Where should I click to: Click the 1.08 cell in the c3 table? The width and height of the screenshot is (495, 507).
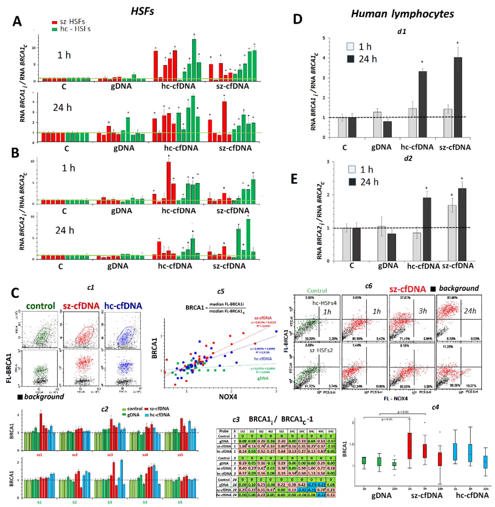pyautogui.click(x=243, y=446)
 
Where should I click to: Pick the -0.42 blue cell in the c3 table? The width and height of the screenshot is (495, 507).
pyautogui.click(x=302, y=490)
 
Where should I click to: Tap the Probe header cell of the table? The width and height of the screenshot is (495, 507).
pyautogui.click(x=224, y=431)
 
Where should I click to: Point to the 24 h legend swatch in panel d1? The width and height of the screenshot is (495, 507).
pyautogui.click(x=351, y=59)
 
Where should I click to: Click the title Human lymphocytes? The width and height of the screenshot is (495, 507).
pyautogui.click(x=402, y=14)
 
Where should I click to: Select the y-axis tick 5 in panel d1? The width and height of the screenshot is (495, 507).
pyautogui.click(x=324, y=38)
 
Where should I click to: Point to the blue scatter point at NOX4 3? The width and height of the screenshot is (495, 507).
pyautogui.click(x=276, y=331)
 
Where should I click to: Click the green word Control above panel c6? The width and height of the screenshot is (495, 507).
pyautogui.click(x=317, y=291)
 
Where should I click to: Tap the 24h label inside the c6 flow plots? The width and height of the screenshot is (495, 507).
pyautogui.click(x=470, y=311)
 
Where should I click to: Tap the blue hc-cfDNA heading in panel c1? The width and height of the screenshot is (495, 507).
pyautogui.click(x=123, y=306)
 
